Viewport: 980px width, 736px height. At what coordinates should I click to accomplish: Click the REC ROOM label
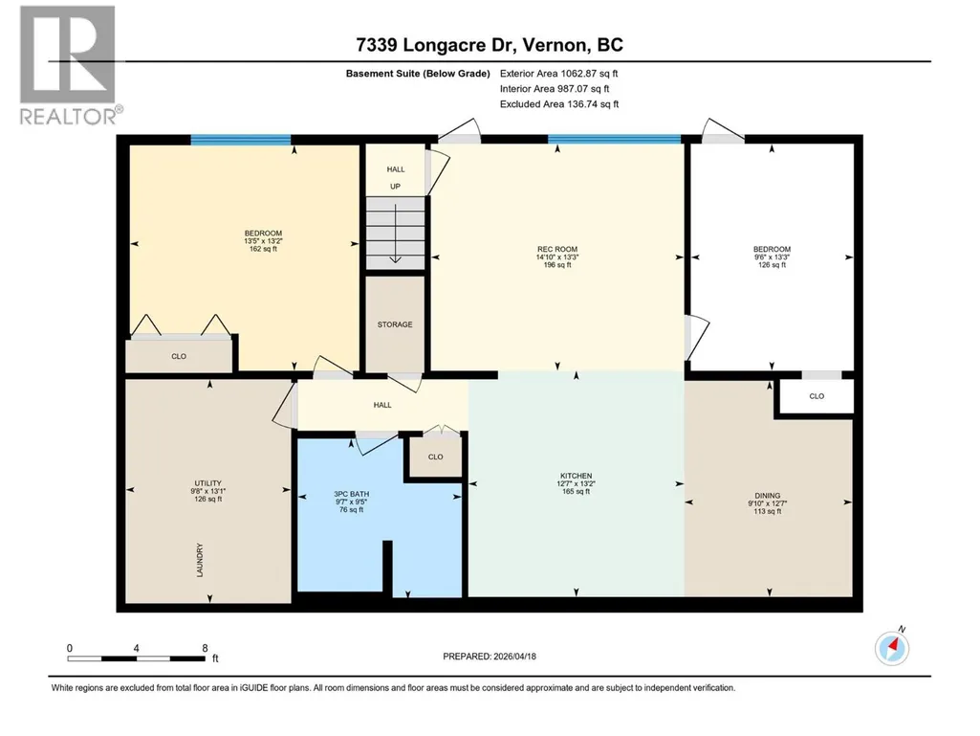tap(556, 249)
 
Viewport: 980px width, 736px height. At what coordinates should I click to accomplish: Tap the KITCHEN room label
tap(576, 477)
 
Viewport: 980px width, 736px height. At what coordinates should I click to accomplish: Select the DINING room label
tap(768, 496)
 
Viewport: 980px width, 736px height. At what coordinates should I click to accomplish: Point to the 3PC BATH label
tap(351, 494)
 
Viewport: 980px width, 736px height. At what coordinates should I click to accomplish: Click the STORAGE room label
tap(395, 324)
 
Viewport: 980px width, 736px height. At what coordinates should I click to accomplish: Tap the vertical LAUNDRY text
tap(200, 560)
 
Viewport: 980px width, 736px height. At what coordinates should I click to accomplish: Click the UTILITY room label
tap(208, 483)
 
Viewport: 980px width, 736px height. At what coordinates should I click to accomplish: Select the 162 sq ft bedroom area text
tap(263, 249)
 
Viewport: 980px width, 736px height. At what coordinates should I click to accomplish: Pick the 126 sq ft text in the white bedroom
tap(772, 265)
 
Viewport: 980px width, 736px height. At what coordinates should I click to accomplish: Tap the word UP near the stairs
tap(395, 187)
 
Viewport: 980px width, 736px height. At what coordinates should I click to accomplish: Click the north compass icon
tap(892, 646)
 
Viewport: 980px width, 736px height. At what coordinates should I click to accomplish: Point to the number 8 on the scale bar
tap(205, 648)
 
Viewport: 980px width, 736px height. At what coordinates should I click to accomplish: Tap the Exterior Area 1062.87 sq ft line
tap(558, 74)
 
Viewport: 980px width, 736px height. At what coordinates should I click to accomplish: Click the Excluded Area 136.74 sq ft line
tap(559, 104)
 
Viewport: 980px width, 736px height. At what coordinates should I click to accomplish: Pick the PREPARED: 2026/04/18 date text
tap(490, 657)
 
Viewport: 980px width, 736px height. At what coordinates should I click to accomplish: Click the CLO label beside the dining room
tap(817, 396)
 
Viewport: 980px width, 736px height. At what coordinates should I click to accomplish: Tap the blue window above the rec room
tap(615, 139)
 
